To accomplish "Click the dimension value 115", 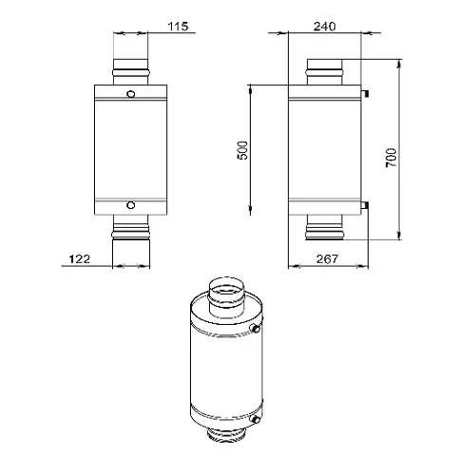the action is [x=178, y=27].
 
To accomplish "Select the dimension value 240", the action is [x=325, y=27].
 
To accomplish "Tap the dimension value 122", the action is [x=80, y=259].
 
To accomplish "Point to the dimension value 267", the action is [x=328, y=259].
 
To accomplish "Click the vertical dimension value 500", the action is [x=243, y=150].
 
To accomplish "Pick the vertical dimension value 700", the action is [x=391, y=158].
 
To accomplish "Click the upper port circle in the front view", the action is [x=130, y=94].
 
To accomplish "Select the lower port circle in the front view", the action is [x=130, y=205].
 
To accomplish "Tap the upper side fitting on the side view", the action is [x=365, y=93].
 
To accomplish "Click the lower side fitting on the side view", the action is [x=365, y=205].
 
